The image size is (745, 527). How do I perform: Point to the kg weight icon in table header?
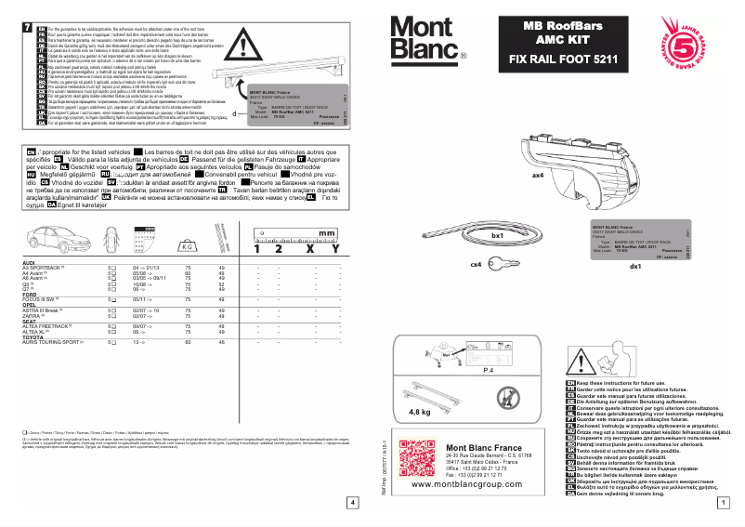pos(189,246)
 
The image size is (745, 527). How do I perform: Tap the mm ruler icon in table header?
pos(297,232)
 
